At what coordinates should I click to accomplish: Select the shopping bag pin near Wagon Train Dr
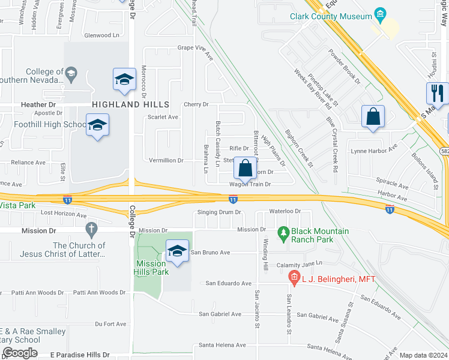tap(246, 169)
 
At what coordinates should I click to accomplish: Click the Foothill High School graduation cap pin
tap(97, 125)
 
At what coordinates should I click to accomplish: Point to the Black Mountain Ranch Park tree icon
tap(283, 232)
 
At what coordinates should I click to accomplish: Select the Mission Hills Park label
tap(151, 267)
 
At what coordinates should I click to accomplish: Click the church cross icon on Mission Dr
tap(91, 229)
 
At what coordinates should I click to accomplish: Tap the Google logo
tap(20, 353)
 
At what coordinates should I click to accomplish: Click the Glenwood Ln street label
tap(102, 35)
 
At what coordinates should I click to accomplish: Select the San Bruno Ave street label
tap(212, 253)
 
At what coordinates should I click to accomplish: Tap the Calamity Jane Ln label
tap(299, 264)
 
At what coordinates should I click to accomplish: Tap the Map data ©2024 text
tap(423, 355)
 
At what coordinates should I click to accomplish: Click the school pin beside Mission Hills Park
tap(177, 252)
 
